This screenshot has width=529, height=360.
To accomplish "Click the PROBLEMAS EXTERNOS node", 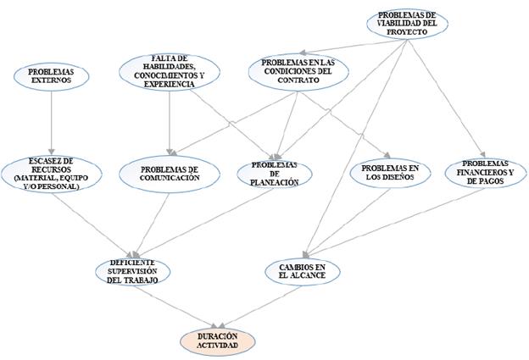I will (x=52, y=75).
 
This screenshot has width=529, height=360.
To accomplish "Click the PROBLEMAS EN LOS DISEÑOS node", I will (x=390, y=174).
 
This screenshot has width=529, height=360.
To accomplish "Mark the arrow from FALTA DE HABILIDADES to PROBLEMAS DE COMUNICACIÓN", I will (x=170, y=123).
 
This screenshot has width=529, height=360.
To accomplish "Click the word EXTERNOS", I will (x=52, y=80).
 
